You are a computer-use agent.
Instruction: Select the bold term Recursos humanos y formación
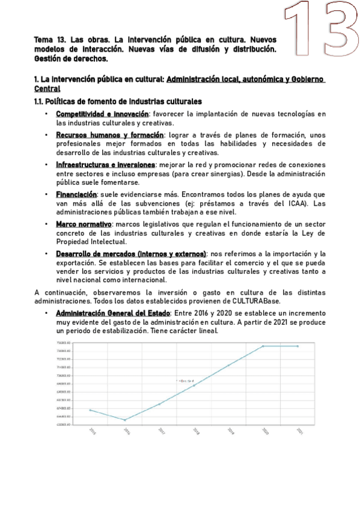click(109, 135)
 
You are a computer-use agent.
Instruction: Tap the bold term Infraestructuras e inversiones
click(106, 164)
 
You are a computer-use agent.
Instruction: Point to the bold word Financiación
click(76, 194)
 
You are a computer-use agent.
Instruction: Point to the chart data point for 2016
click(125, 420)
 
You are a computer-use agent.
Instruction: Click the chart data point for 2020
click(263, 346)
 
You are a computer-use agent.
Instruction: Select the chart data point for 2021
click(298, 346)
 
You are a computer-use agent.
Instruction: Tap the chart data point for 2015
click(90, 410)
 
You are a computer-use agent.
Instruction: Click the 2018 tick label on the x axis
click(195, 431)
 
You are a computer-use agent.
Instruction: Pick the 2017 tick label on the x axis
click(160, 431)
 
